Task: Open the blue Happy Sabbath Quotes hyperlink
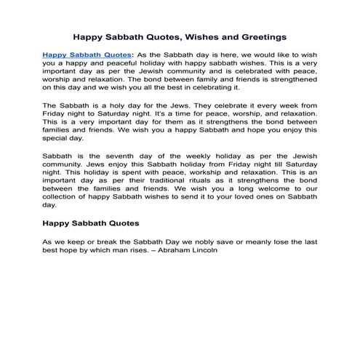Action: point(86,55)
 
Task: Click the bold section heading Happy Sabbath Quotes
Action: point(91,223)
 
